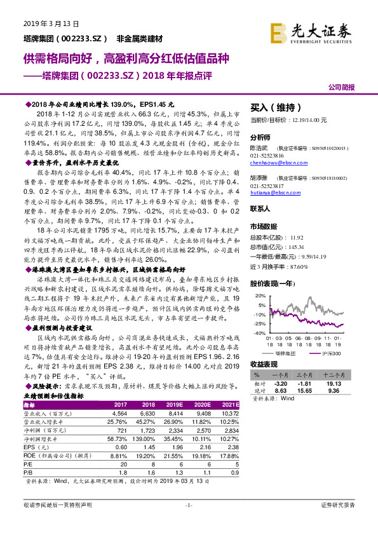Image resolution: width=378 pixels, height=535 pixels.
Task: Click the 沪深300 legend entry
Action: [x=332, y=352]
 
